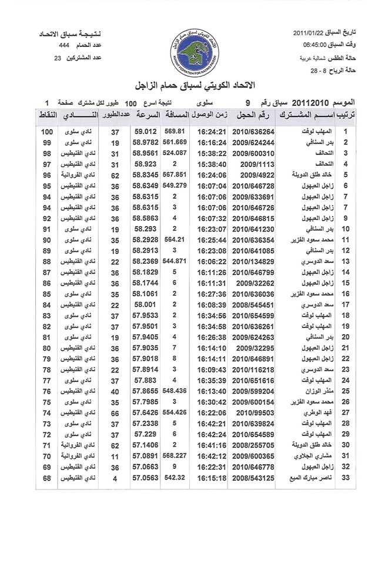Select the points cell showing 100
click(48, 132)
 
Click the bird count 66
click(115, 414)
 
